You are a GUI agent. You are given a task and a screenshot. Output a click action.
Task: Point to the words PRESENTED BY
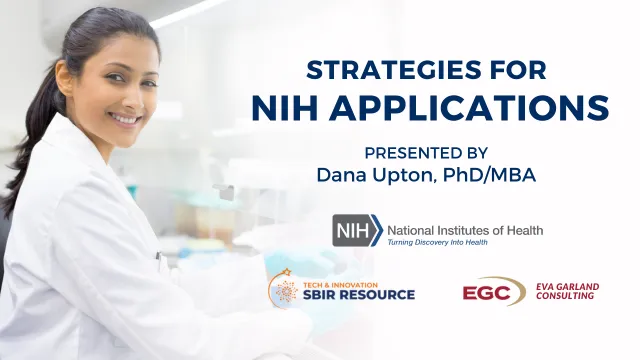(426, 153)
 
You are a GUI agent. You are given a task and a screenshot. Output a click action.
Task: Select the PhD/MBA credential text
(489, 175)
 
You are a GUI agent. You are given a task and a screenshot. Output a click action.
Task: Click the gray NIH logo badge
(358, 231)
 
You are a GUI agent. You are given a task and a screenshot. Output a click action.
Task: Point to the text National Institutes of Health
(465, 230)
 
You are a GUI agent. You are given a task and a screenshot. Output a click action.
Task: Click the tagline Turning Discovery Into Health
(438, 242)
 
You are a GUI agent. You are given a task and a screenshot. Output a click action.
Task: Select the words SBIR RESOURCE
(359, 294)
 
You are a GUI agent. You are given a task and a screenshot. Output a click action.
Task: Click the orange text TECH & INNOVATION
(340, 285)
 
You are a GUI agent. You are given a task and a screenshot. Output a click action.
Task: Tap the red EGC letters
(487, 293)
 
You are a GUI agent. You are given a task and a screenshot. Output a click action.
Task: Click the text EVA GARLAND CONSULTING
(567, 291)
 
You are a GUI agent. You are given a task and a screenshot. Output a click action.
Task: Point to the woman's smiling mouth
(125, 119)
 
